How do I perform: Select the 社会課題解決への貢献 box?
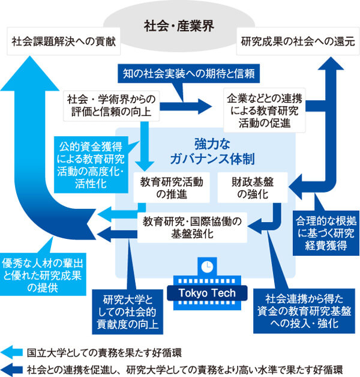point(63,43)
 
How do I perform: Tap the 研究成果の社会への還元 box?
point(293,43)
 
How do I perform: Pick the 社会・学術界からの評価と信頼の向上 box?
point(112,105)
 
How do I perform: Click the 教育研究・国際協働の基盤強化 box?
point(192,228)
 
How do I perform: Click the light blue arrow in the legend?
point(14,352)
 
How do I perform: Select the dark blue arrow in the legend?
point(14,367)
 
